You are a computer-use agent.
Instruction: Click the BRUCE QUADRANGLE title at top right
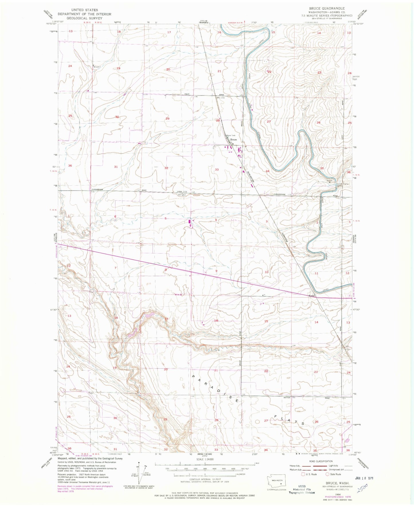coord(327,9)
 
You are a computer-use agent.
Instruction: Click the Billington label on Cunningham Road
coord(182,195)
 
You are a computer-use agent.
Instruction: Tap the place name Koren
coord(311,296)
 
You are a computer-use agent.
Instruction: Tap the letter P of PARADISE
coord(193,377)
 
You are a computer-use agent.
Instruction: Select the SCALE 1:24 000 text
coord(205,467)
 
